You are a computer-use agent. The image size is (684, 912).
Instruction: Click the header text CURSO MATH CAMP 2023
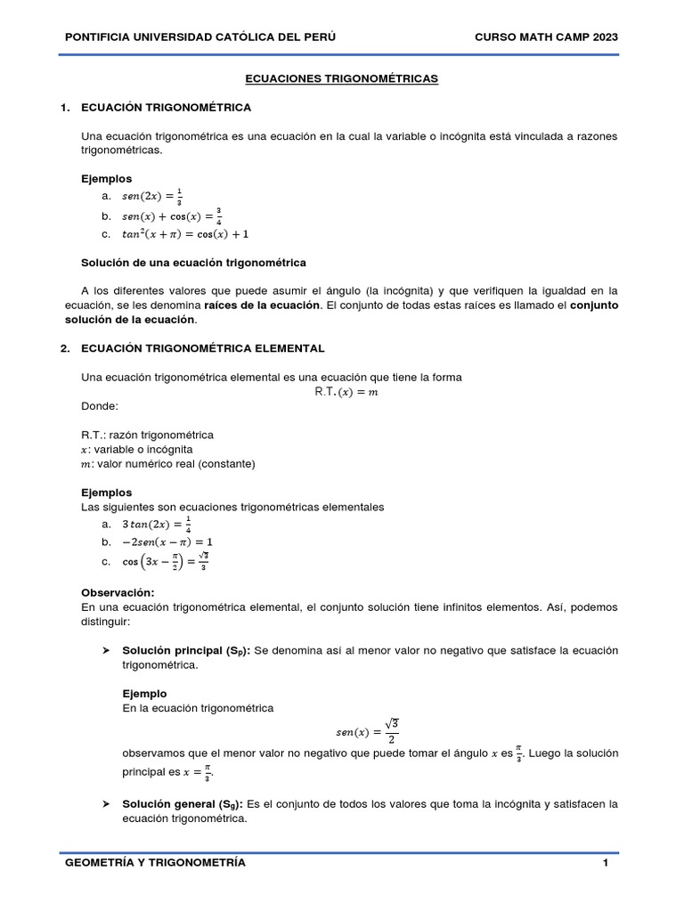[x=547, y=37]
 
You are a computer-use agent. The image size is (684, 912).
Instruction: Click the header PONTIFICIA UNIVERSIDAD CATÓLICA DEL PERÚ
[x=201, y=37]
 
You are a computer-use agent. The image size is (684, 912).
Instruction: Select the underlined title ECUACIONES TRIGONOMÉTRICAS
[x=342, y=79]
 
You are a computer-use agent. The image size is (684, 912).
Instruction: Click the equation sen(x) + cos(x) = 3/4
[x=172, y=216]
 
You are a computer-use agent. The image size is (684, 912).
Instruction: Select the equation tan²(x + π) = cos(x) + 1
[x=185, y=234]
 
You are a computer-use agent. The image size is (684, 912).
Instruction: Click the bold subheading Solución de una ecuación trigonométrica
[x=193, y=263]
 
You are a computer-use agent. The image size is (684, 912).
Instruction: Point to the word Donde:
[x=100, y=406]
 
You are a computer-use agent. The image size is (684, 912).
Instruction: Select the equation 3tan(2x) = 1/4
[x=157, y=525]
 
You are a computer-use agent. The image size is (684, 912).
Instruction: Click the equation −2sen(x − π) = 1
[x=167, y=541]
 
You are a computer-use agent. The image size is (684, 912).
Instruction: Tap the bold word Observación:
[x=118, y=592]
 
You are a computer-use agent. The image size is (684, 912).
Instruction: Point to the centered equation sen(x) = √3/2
[x=365, y=732]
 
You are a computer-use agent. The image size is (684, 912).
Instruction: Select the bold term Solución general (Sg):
[x=183, y=804]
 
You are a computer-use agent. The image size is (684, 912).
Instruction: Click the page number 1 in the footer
[x=605, y=863]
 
